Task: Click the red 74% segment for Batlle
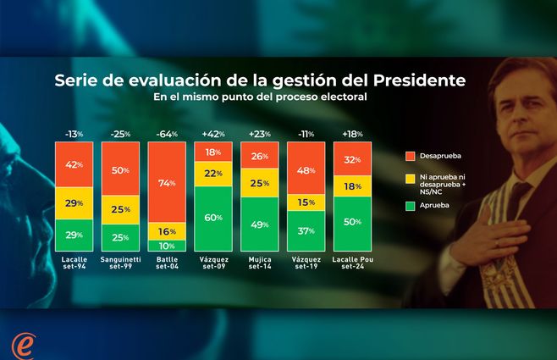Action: point(167,183)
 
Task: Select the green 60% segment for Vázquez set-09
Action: point(213,218)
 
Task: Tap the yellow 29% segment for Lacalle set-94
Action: point(74,203)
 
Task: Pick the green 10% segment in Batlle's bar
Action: point(167,245)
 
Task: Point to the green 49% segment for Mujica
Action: point(260,224)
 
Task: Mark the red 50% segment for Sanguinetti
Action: point(120,169)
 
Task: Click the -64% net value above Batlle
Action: point(167,134)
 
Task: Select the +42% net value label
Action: point(213,134)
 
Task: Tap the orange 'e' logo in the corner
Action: point(23,345)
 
